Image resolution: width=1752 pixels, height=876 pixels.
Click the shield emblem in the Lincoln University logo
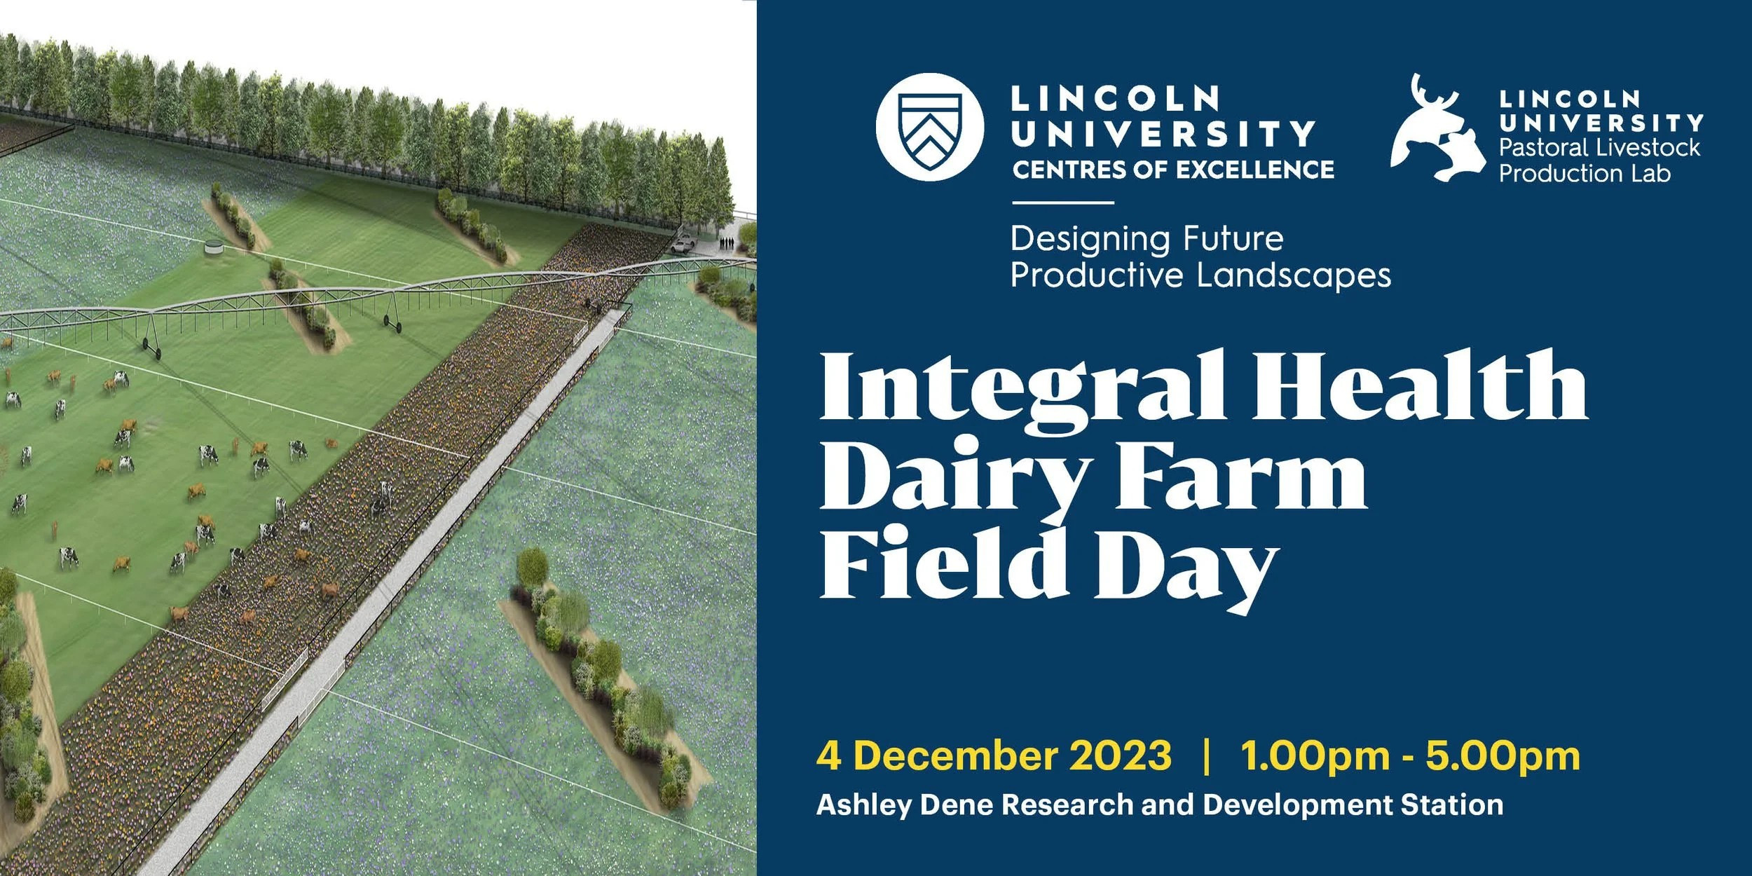click(x=930, y=128)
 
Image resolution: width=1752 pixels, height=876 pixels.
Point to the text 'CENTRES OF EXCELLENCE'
click(x=1173, y=170)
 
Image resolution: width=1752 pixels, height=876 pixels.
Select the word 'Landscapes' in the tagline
click(x=1294, y=275)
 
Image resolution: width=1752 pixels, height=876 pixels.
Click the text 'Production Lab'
click(x=1585, y=173)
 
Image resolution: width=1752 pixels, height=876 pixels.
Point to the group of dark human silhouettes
click(x=727, y=243)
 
